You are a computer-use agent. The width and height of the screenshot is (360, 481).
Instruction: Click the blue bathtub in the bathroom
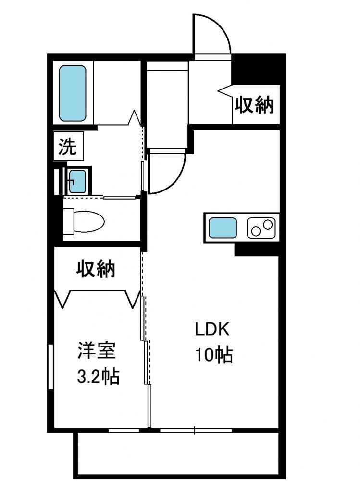tap(73, 93)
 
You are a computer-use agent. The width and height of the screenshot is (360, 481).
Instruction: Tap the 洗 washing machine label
tap(68, 146)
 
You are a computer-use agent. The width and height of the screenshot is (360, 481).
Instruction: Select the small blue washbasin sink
tap(77, 181)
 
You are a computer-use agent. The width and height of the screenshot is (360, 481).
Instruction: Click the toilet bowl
tap(88, 221)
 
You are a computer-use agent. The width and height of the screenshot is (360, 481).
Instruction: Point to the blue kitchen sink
tap(223, 228)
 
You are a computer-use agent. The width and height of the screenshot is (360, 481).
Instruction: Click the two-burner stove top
tap(261, 228)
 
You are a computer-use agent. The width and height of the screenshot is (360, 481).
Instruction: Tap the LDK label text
tap(212, 329)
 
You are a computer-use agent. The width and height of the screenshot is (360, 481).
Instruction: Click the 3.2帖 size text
tap(98, 376)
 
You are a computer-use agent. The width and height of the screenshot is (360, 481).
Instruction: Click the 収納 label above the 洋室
tap(96, 268)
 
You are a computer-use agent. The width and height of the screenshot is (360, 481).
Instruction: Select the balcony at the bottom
tap(180, 454)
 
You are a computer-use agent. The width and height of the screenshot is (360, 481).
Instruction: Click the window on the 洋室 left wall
tap(50, 367)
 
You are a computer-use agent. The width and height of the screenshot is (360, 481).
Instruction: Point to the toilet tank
tap(68, 221)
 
